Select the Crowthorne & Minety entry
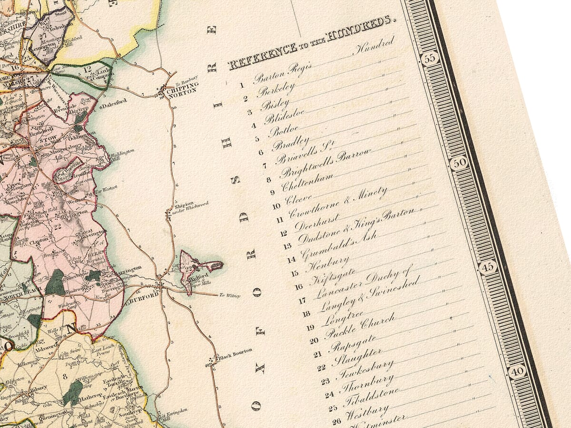(x=338, y=202)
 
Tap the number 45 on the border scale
(x=488, y=267)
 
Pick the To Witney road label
(x=229, y=296)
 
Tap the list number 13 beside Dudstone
(x=287, y=246)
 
